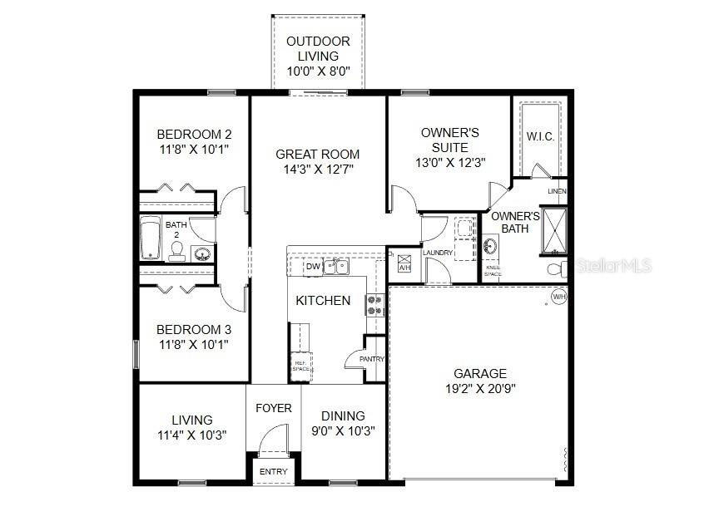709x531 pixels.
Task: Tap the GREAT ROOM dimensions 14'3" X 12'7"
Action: click(x=317, y=170)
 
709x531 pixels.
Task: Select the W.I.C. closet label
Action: click(x=540, y=136)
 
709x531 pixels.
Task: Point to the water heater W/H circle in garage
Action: click(x=558, y=295)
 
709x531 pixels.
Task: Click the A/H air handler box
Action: click(x=404, y=263)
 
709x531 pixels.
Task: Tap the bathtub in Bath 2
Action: click(x=150, y=239)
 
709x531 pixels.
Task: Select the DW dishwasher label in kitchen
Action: click(x=313, y=267)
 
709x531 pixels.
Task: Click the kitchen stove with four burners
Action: click(x=374, y=305)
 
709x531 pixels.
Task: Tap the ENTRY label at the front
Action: click(x=273, y=472)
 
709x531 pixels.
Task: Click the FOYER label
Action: click(x=273, y=408)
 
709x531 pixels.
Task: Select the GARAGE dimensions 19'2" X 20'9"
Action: click(x=479, y=389)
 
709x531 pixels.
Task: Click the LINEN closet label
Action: click(x=557, y=192)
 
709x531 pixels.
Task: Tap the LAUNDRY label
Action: click(x=437, y=253)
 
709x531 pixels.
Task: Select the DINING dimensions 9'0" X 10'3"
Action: click(x=343, y=431)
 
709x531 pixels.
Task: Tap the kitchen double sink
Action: click(x=337, y=267)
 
